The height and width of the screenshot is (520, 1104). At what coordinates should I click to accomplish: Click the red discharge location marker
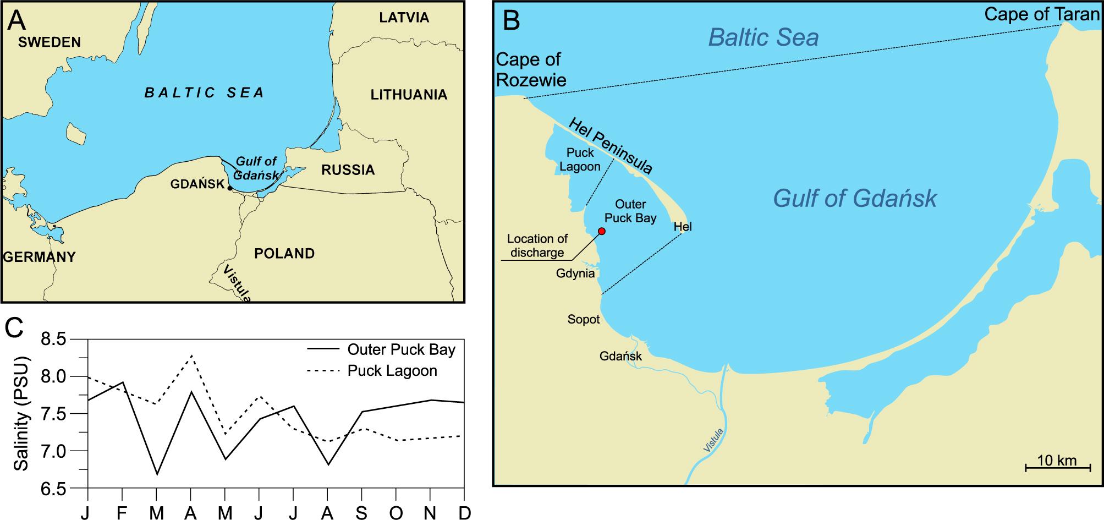601,231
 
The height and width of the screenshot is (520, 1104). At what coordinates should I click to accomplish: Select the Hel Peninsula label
611,146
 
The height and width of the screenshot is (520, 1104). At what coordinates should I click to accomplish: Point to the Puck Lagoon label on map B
580,160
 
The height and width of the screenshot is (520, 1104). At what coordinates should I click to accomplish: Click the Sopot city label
584,319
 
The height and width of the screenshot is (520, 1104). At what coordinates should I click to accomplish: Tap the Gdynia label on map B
575,273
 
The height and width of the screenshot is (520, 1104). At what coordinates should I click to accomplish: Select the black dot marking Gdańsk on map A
230,188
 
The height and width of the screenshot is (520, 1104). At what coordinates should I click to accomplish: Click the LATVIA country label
404,18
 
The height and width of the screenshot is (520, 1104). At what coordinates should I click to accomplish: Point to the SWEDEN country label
49,42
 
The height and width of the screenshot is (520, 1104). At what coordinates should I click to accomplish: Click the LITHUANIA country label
408,95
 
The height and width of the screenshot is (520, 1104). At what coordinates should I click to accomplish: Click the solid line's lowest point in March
157,474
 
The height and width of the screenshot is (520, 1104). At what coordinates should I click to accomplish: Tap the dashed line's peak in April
191,356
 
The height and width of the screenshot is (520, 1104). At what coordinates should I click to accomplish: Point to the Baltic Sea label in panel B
764,37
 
